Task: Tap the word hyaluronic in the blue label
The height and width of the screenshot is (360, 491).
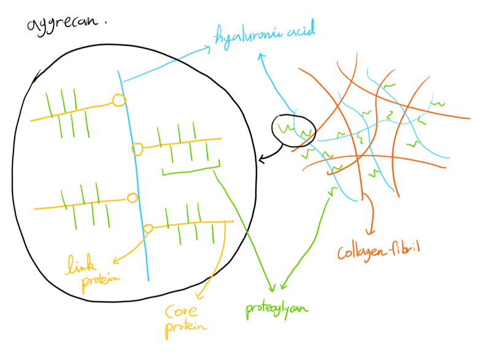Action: click(243, 37)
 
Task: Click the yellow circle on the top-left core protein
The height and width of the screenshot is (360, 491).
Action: click(119, 100)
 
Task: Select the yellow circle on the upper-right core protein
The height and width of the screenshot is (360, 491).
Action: click(137, 149)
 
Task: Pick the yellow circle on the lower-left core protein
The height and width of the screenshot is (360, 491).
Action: click(131, 198)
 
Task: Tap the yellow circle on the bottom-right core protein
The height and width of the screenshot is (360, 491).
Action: click(148, 229)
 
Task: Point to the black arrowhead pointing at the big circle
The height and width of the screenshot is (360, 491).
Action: click(262, 160)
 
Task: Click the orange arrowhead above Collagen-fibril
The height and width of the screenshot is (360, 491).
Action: click(370, 232)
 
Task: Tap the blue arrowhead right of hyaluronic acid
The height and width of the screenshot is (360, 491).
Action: click(261, 56)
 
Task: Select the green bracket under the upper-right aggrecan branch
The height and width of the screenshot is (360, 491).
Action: click(190, 170)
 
